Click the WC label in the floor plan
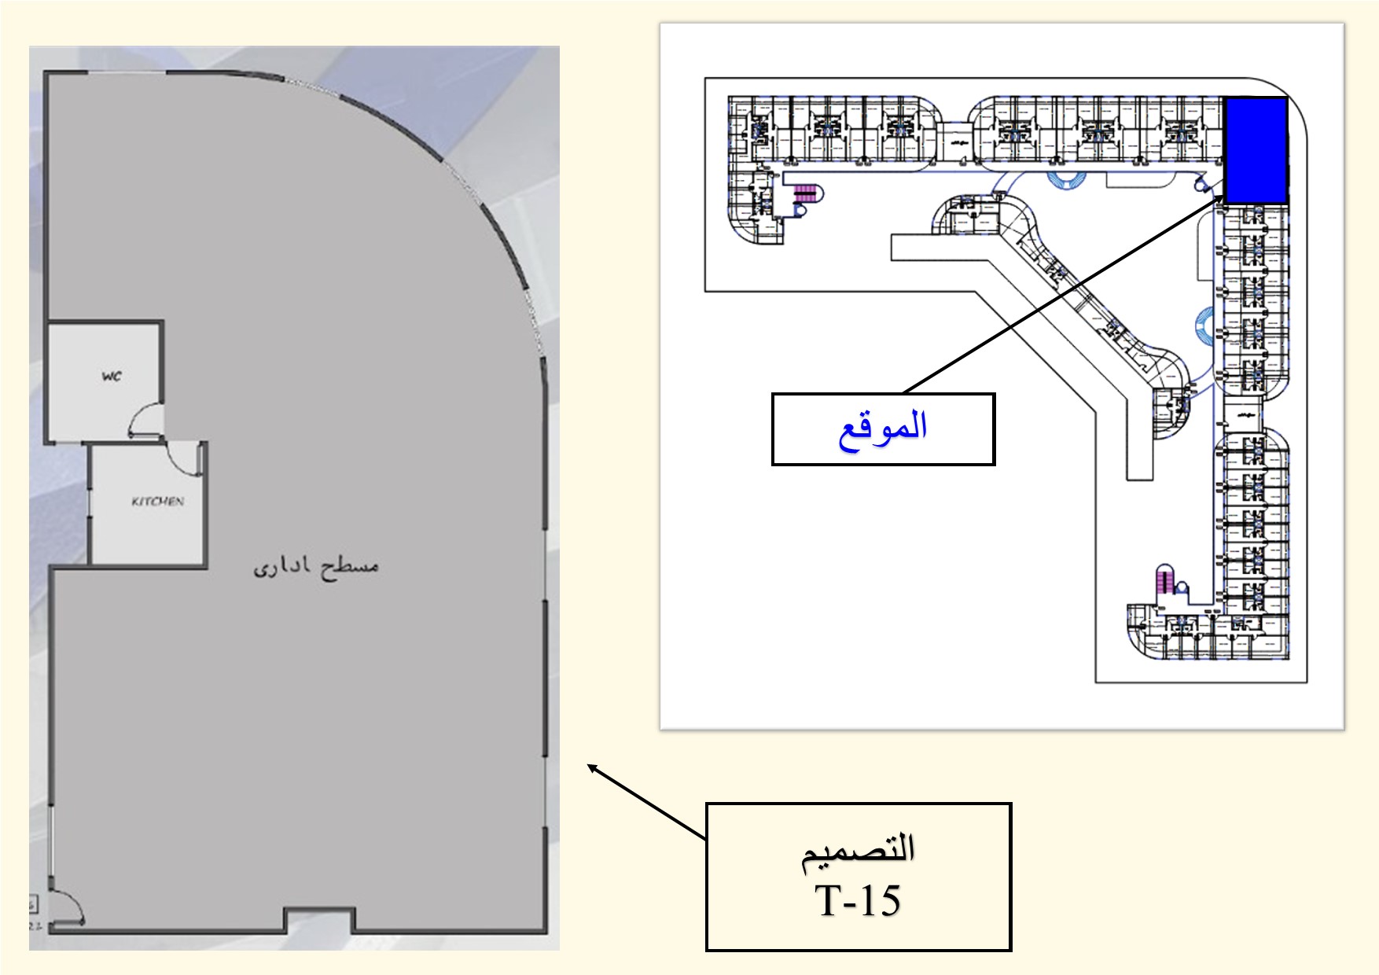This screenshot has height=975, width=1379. pyautogui.click(x=112, y=376)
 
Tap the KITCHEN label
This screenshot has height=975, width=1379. pyautogui.click(x=157, y=501)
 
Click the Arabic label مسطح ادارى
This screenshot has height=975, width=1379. pyautogui.click(x=316, y=565)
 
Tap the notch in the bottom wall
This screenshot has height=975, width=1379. pyautogui.click(x=319, y=919)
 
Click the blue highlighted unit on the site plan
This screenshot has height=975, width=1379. pyautogui.click(x=1256, y=149)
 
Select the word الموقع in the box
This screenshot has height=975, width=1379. pyautogui.click(x=883, y=429)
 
